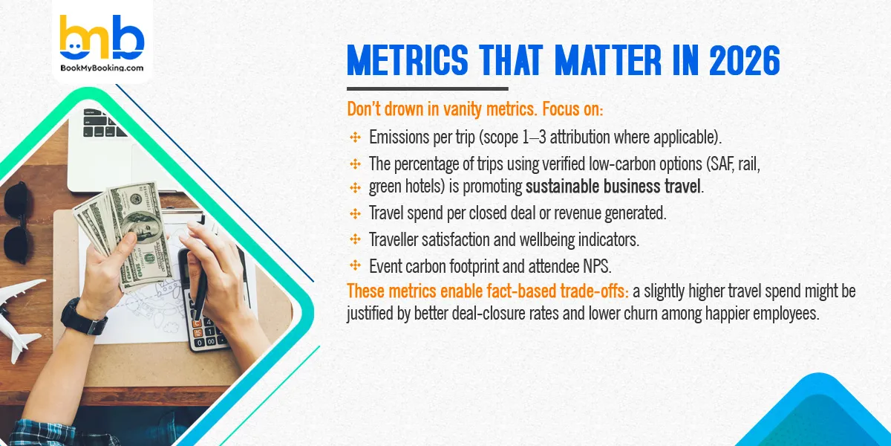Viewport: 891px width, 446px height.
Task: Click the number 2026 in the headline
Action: point(742,62)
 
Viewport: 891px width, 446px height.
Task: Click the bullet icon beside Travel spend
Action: point(355,213)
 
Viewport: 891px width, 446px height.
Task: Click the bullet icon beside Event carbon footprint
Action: point(355,265)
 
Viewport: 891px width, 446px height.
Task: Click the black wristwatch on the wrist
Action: point(83,316)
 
